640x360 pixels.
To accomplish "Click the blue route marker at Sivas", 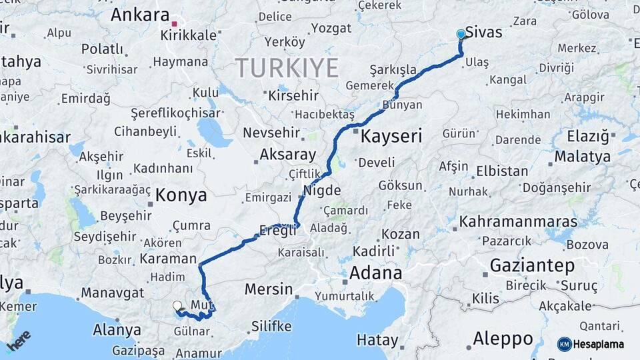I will [x=461, y=34].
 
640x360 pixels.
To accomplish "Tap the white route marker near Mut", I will [x=177, y=306].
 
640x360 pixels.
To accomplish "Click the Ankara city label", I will [x=140, y=15].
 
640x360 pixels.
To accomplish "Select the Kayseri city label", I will [x=391, y=137].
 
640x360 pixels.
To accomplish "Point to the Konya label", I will [x=181, y=195].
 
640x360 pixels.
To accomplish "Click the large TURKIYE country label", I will [x=287, y=67].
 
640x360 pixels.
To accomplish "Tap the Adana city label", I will [x=375, y=273].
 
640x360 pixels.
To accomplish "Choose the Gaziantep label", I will [x=532, y=265].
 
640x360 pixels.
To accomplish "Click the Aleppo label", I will [x=503, y=338].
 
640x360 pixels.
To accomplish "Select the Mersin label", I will [x=269, y=289].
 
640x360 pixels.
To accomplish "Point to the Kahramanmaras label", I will [x=518, y=221].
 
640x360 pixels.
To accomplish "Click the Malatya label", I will [x=582, y=157].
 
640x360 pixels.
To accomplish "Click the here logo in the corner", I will [x=19, y=340].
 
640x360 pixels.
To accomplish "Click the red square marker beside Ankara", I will [x=175, y=23].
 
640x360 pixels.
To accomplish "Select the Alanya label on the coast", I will [x=117, y=330].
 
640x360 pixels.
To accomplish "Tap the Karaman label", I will [x=168, y=259].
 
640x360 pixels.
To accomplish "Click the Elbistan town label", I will [x=502, y=171].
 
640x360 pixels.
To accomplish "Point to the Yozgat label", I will [x=331, y=28].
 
